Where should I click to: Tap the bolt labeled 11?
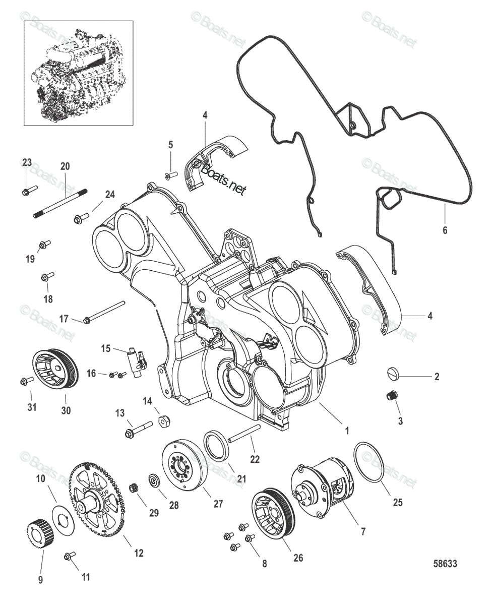tap(69, 557)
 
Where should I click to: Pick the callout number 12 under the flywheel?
tap(139, 553)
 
